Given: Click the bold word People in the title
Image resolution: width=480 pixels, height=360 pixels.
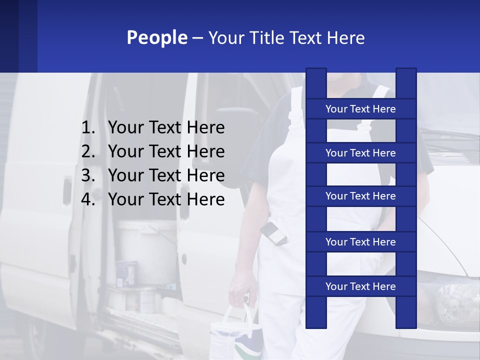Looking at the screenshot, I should click(156, 37).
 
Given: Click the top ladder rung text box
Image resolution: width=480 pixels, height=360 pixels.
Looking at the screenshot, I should click(360, 109).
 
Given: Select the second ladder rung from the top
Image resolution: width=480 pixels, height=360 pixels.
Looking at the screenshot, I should click(360, 153).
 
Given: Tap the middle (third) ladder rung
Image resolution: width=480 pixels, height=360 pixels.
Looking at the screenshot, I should click(360, 196).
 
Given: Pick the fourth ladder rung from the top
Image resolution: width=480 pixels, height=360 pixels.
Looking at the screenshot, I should click(360, 242).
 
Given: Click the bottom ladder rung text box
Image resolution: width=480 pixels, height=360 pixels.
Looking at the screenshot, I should click(360, 286).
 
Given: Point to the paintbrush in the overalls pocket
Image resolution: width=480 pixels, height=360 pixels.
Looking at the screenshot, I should click(274, 232).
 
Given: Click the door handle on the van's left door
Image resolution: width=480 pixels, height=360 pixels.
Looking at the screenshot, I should click(67, 189).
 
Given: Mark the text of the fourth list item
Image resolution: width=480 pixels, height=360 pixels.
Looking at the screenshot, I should click(166, 199).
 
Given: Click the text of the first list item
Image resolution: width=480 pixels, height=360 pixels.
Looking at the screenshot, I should click(166, 128).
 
